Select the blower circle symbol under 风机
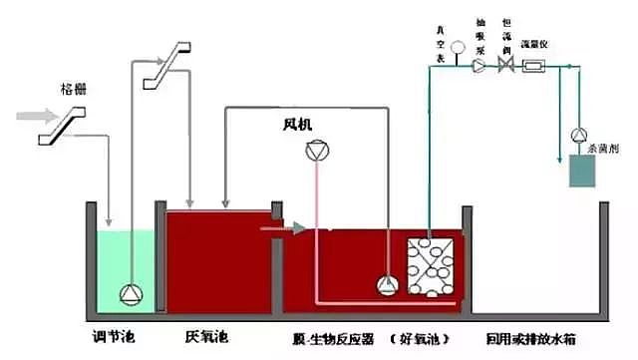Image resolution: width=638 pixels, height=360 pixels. (316, 152)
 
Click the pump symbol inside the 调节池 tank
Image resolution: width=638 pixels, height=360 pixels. (131, 293)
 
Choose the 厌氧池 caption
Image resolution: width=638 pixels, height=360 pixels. (205, 335)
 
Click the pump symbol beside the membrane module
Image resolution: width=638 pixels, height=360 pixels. (386, 285)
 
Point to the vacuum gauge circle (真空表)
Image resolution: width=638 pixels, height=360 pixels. (458, 47)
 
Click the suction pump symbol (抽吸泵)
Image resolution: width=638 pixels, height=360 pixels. (479, 67)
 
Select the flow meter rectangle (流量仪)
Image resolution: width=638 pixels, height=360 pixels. (532, 67)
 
